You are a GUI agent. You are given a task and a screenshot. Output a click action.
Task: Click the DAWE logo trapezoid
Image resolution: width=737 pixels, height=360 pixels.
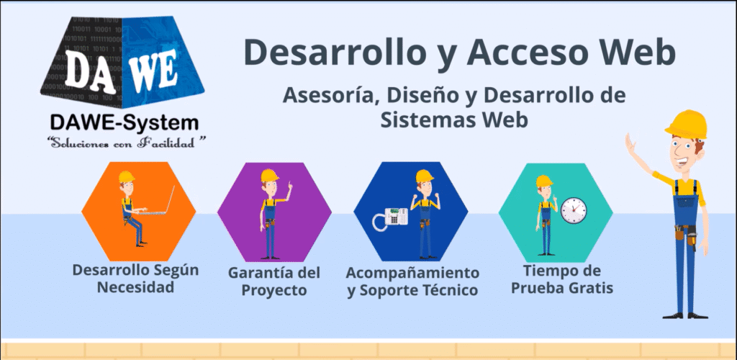pos(122,62)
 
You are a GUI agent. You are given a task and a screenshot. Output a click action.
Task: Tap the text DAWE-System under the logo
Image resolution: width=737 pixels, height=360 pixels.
pos(124,123)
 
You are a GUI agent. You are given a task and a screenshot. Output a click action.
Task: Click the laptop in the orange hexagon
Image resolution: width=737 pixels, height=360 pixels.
pos(158,202)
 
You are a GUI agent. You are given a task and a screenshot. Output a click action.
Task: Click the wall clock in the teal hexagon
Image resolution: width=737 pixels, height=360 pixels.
pos(574,210)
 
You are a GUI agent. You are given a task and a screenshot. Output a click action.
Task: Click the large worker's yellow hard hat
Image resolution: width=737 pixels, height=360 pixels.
pos(686,124)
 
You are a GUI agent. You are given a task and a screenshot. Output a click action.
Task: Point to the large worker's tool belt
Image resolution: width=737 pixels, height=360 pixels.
pos(685,233)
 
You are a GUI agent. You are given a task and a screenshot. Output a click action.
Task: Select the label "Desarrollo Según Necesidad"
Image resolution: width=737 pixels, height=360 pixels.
pos(135,278)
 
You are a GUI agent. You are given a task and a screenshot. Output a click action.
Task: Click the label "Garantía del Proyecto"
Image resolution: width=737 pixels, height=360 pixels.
pos(274,281)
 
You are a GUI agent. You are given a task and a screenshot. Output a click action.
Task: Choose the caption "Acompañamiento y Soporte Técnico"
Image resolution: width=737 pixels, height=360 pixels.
pos(412,281)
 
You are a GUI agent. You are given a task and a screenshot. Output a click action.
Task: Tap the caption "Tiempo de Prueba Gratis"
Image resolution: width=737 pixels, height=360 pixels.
pos(562,279)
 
